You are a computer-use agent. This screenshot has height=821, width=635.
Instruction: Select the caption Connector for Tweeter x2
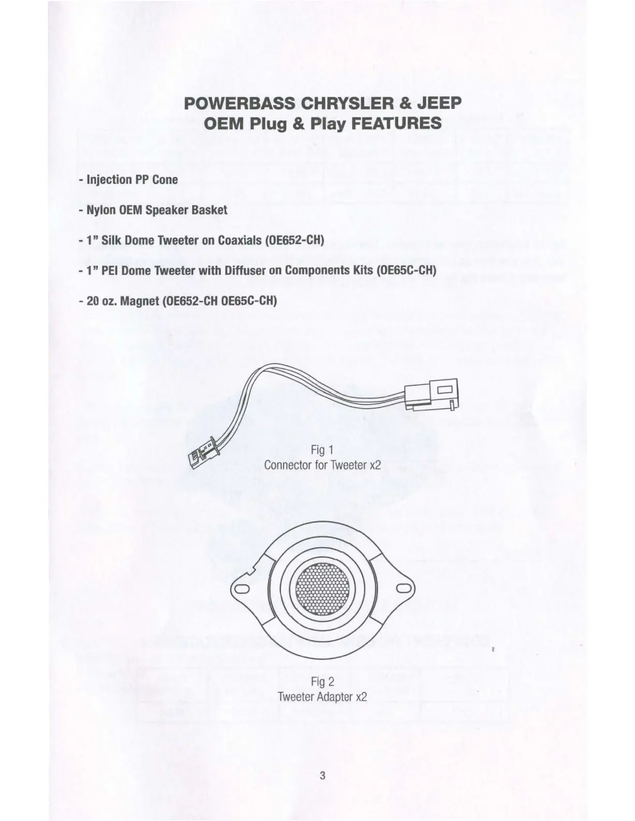(322, 464)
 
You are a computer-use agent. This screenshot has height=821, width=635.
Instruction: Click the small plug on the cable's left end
(200, 455)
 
